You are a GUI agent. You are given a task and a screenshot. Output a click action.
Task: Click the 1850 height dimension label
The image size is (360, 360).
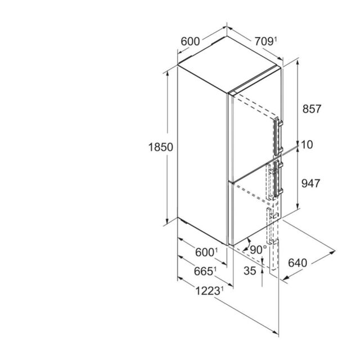coord(161,147)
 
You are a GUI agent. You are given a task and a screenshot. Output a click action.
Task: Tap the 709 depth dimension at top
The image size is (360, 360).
coord(264,42)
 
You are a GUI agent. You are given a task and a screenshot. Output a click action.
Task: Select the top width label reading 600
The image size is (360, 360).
coord(190,42)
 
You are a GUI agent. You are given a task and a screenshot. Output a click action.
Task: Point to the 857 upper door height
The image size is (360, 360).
coord(312,109)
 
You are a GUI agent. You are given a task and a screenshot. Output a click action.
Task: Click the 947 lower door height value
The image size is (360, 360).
coord(310,183)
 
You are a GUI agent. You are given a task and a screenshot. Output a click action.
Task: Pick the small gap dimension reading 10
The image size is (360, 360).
coord(307,145)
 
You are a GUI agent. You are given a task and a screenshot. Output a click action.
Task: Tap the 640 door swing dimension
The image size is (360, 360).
coord(298,263)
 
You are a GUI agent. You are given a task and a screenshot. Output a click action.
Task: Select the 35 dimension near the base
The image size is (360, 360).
coord(250,271)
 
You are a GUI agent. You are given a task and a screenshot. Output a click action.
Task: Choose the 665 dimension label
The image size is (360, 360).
coord(205,271)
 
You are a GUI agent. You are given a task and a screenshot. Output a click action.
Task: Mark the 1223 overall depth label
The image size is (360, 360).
coord(209,291)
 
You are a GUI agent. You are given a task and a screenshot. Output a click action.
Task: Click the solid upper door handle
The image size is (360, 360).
coord(278,137)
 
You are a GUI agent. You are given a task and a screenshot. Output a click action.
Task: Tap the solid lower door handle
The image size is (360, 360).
coord(278,179)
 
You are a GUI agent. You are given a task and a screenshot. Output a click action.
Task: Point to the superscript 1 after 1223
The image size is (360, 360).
coord(222,289)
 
